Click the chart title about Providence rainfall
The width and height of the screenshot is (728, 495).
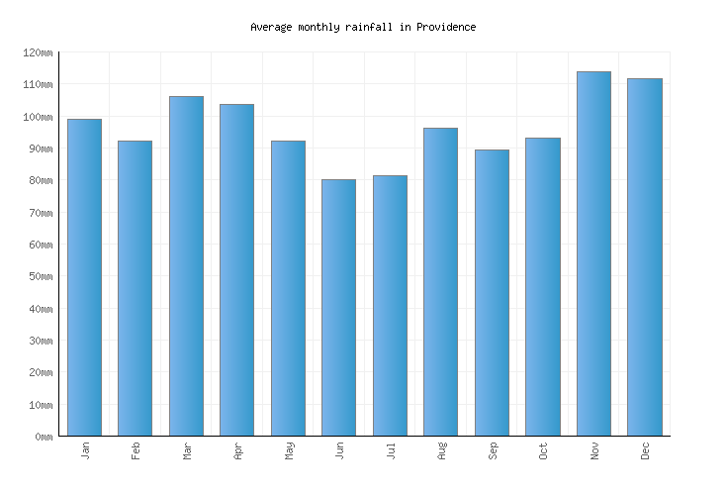coord(363,27)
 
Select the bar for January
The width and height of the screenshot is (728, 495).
coord(84,277)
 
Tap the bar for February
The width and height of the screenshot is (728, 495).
coord(135,288)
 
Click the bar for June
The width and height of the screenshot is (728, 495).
coord(338,307)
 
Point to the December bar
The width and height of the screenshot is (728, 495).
coord(645,256)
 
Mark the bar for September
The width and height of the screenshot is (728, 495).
coord(492,292)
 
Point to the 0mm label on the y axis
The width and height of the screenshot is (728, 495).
coord(44,437)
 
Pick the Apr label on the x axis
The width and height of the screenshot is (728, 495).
coord(237,451)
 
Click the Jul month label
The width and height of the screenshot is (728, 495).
coord(390,451)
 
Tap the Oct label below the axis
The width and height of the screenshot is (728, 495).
coord(543,451)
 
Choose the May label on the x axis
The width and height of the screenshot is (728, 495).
coord(288,451)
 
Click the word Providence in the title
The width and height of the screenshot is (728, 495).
coord(445,27)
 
